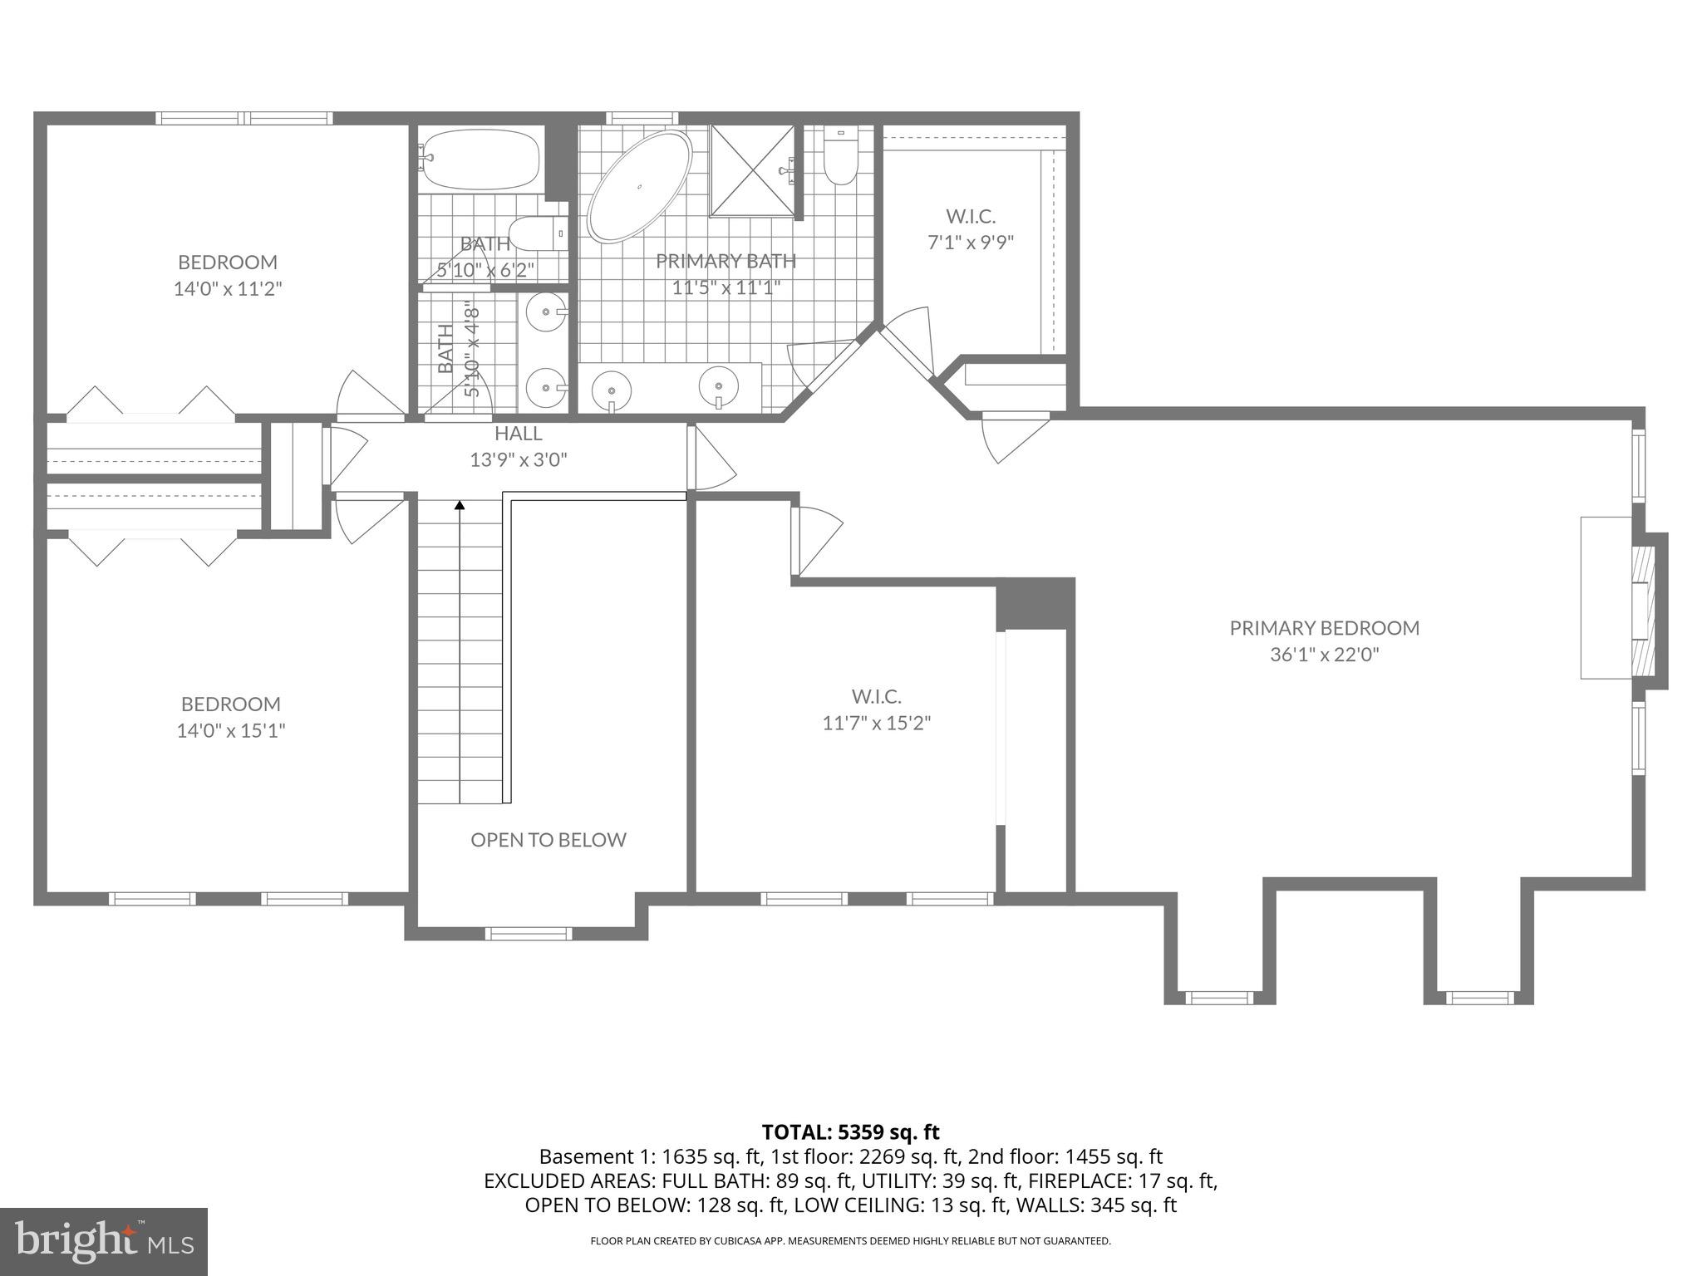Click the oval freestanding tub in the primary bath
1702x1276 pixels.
click(639, 187)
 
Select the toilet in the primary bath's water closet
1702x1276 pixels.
click(839, 157)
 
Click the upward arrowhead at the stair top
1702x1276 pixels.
click(460, 504)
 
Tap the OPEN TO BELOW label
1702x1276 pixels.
click(548, 840)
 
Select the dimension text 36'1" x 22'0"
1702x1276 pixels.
click(1324, 655)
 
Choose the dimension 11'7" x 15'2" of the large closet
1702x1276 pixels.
click(876, 723)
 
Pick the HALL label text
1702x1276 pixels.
click(518, 434)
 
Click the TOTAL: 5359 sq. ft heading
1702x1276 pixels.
click(850, 1131)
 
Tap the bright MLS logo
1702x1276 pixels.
click(103, 1241)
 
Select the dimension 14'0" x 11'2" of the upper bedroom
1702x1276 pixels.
click(228, 289)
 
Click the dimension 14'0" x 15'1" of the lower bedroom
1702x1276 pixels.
click(231, 731)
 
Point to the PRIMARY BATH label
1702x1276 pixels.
click(726, 262)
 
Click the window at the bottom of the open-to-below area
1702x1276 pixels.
click(529, 934)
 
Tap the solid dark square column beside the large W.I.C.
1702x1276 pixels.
click(1035, 604)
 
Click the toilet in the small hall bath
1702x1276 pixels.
click(536, 233)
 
